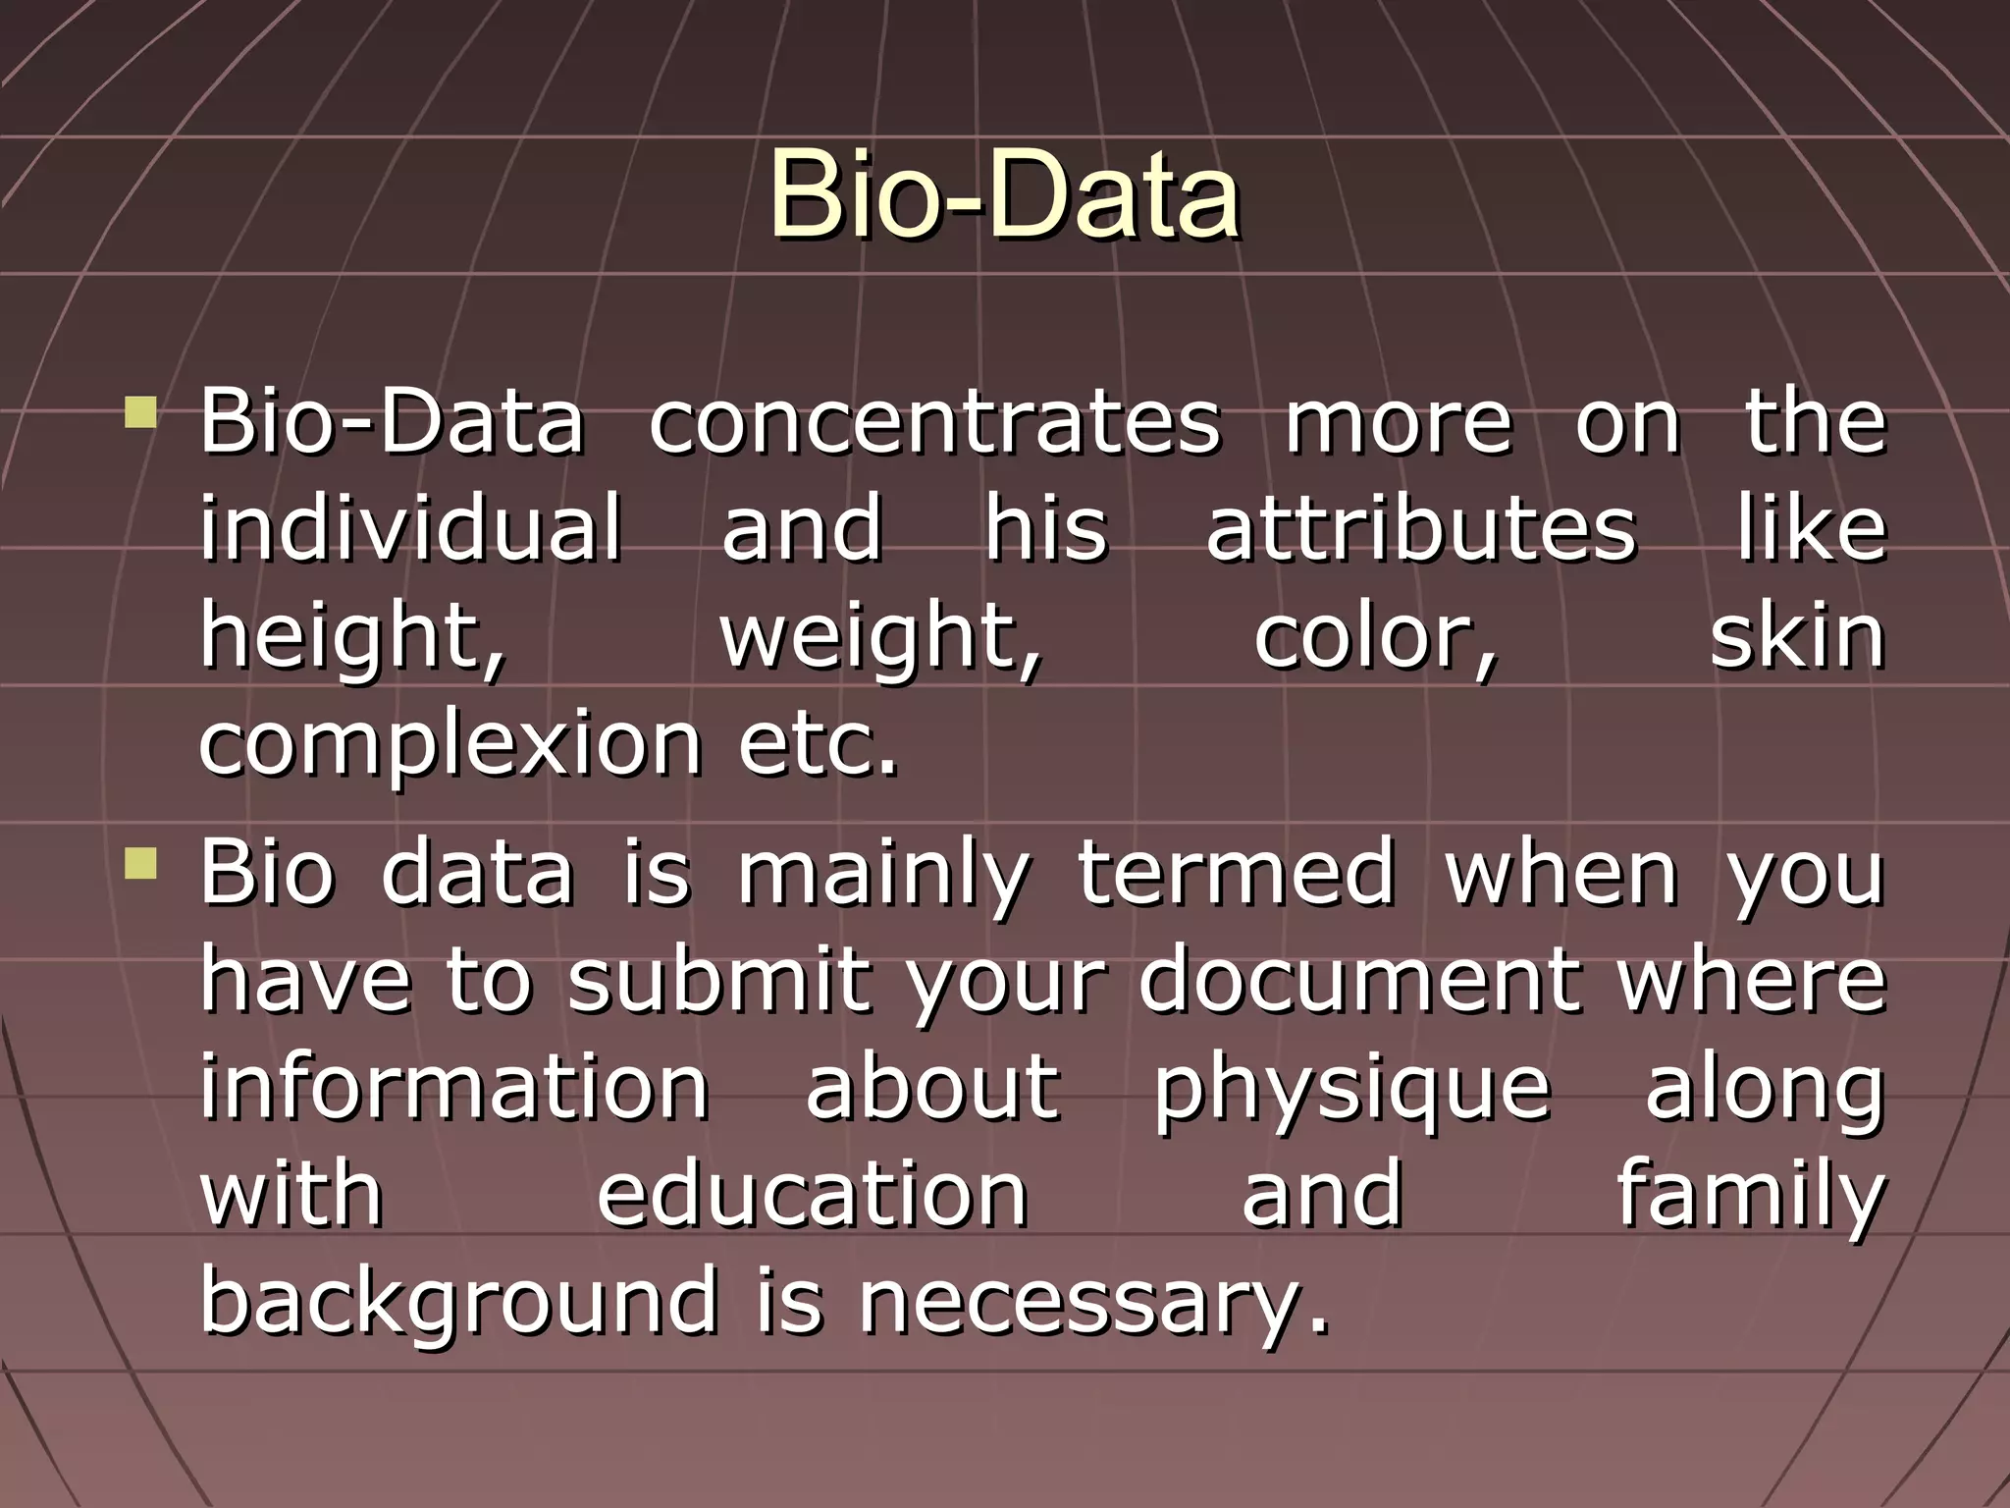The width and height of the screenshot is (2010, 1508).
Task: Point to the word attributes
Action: tap(1421, 530)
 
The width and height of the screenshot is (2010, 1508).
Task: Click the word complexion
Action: tap(450, 744)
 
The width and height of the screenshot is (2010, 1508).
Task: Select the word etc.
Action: tap(818, 744)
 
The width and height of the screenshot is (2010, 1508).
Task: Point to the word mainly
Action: tap(883, 874)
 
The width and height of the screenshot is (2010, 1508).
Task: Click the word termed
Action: tap(1236, 872)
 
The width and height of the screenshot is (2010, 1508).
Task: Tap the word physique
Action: tap(1351, 1090)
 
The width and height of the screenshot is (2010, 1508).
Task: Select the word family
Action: tap(1751, 1196)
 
